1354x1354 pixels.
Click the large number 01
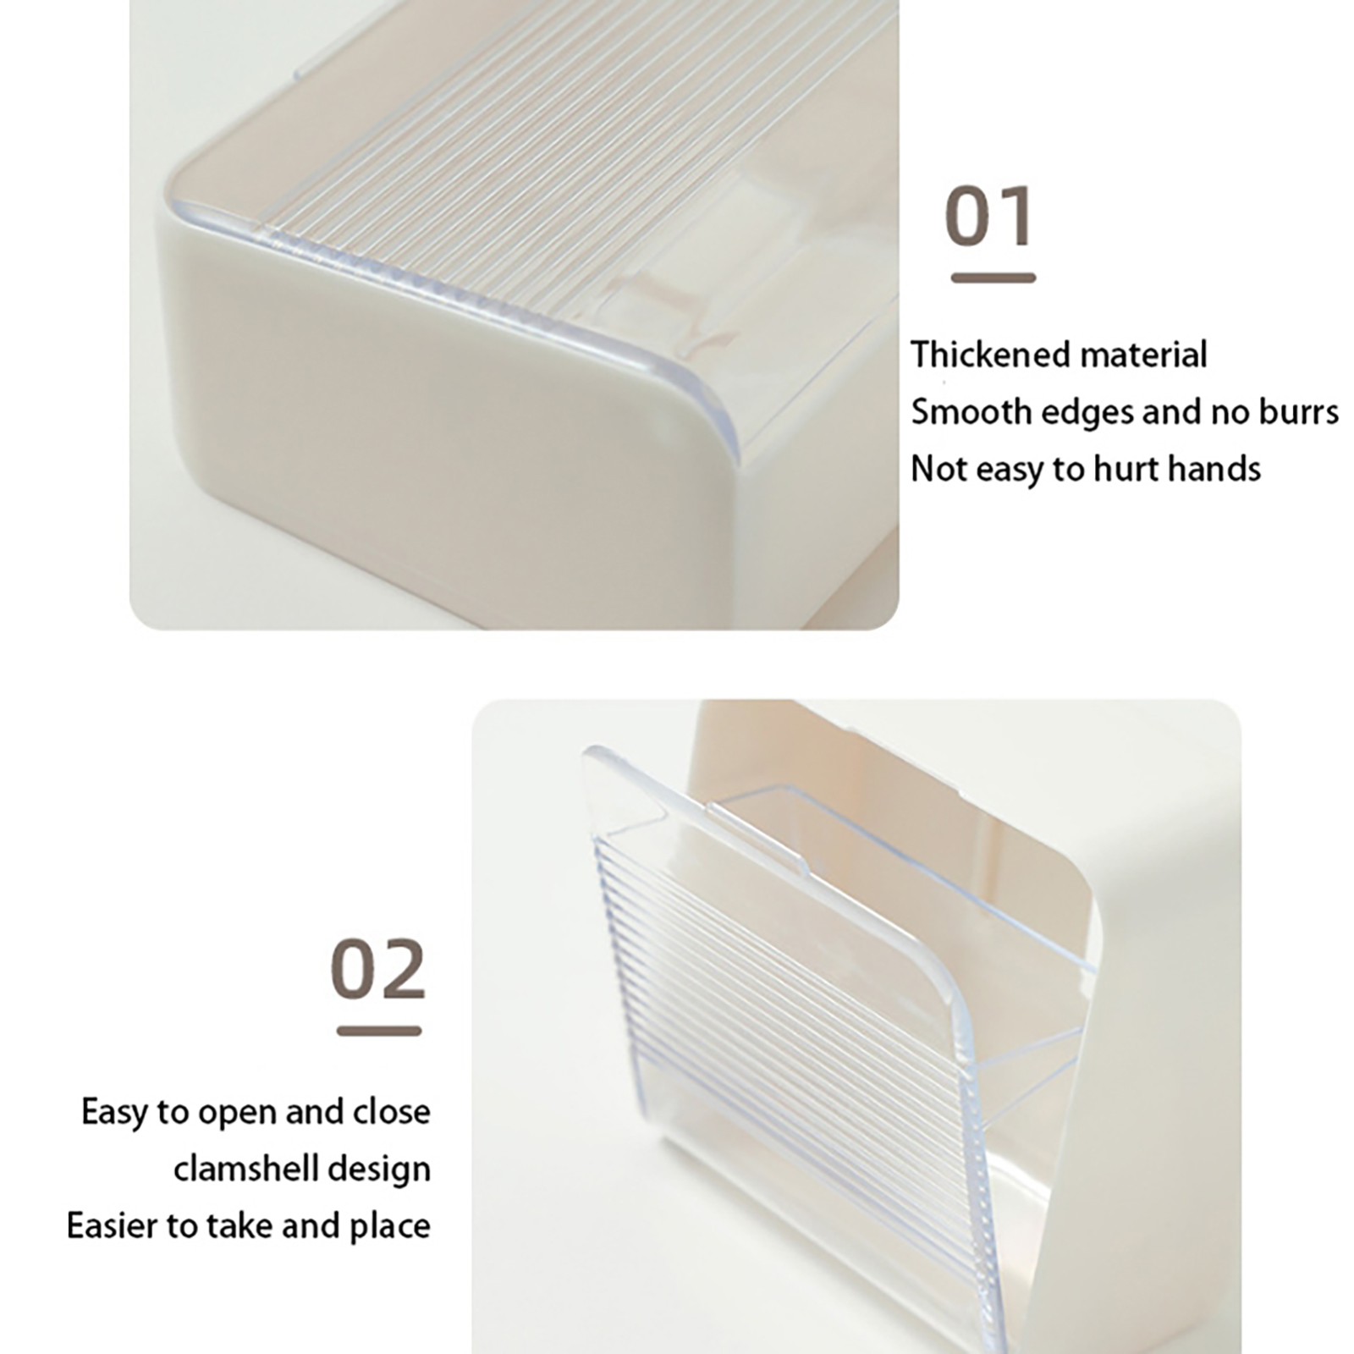point(989,216)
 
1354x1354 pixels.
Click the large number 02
point(377,969)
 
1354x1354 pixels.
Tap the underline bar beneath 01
point(993,278)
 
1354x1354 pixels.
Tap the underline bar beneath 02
point(379,1031)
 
